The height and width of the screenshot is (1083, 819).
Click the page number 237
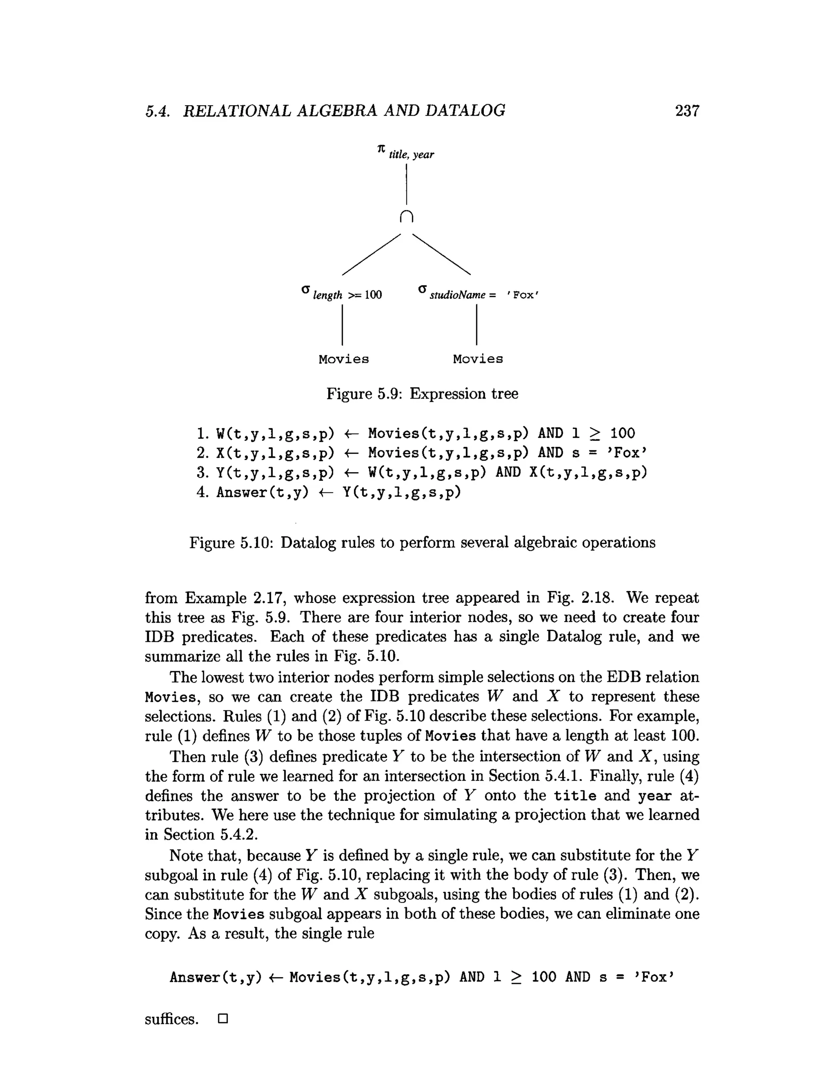pyautogui.click(x=687, y=111)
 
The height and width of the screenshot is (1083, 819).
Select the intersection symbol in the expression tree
pyautogui.click(x=407, y=216)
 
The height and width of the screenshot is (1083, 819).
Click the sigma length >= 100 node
pyautogui.click(x=342, y=293)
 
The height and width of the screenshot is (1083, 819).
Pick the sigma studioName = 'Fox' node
pyautogui.click(x=478, y=293)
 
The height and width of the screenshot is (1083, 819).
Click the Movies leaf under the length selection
pyautogui.click(x=344, y=359)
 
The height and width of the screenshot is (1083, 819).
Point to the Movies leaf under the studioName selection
pyautogui.click(x=477, y=359)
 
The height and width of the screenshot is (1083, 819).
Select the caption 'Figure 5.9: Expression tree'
pyautogui.click(x=422, y=394)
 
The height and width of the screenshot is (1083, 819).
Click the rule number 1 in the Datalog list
pyautogui.click(x=202, y=434)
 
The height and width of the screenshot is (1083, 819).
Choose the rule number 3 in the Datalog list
pyautogui.click(x=202, y=473)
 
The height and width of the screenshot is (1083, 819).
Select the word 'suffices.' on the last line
pyautogui.click(x=172, y=1019)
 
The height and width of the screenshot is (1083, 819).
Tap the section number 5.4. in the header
pyautogui.click(x=158, y=112)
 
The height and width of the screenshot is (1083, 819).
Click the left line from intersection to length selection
pyautogui.click(x=371, y=255)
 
